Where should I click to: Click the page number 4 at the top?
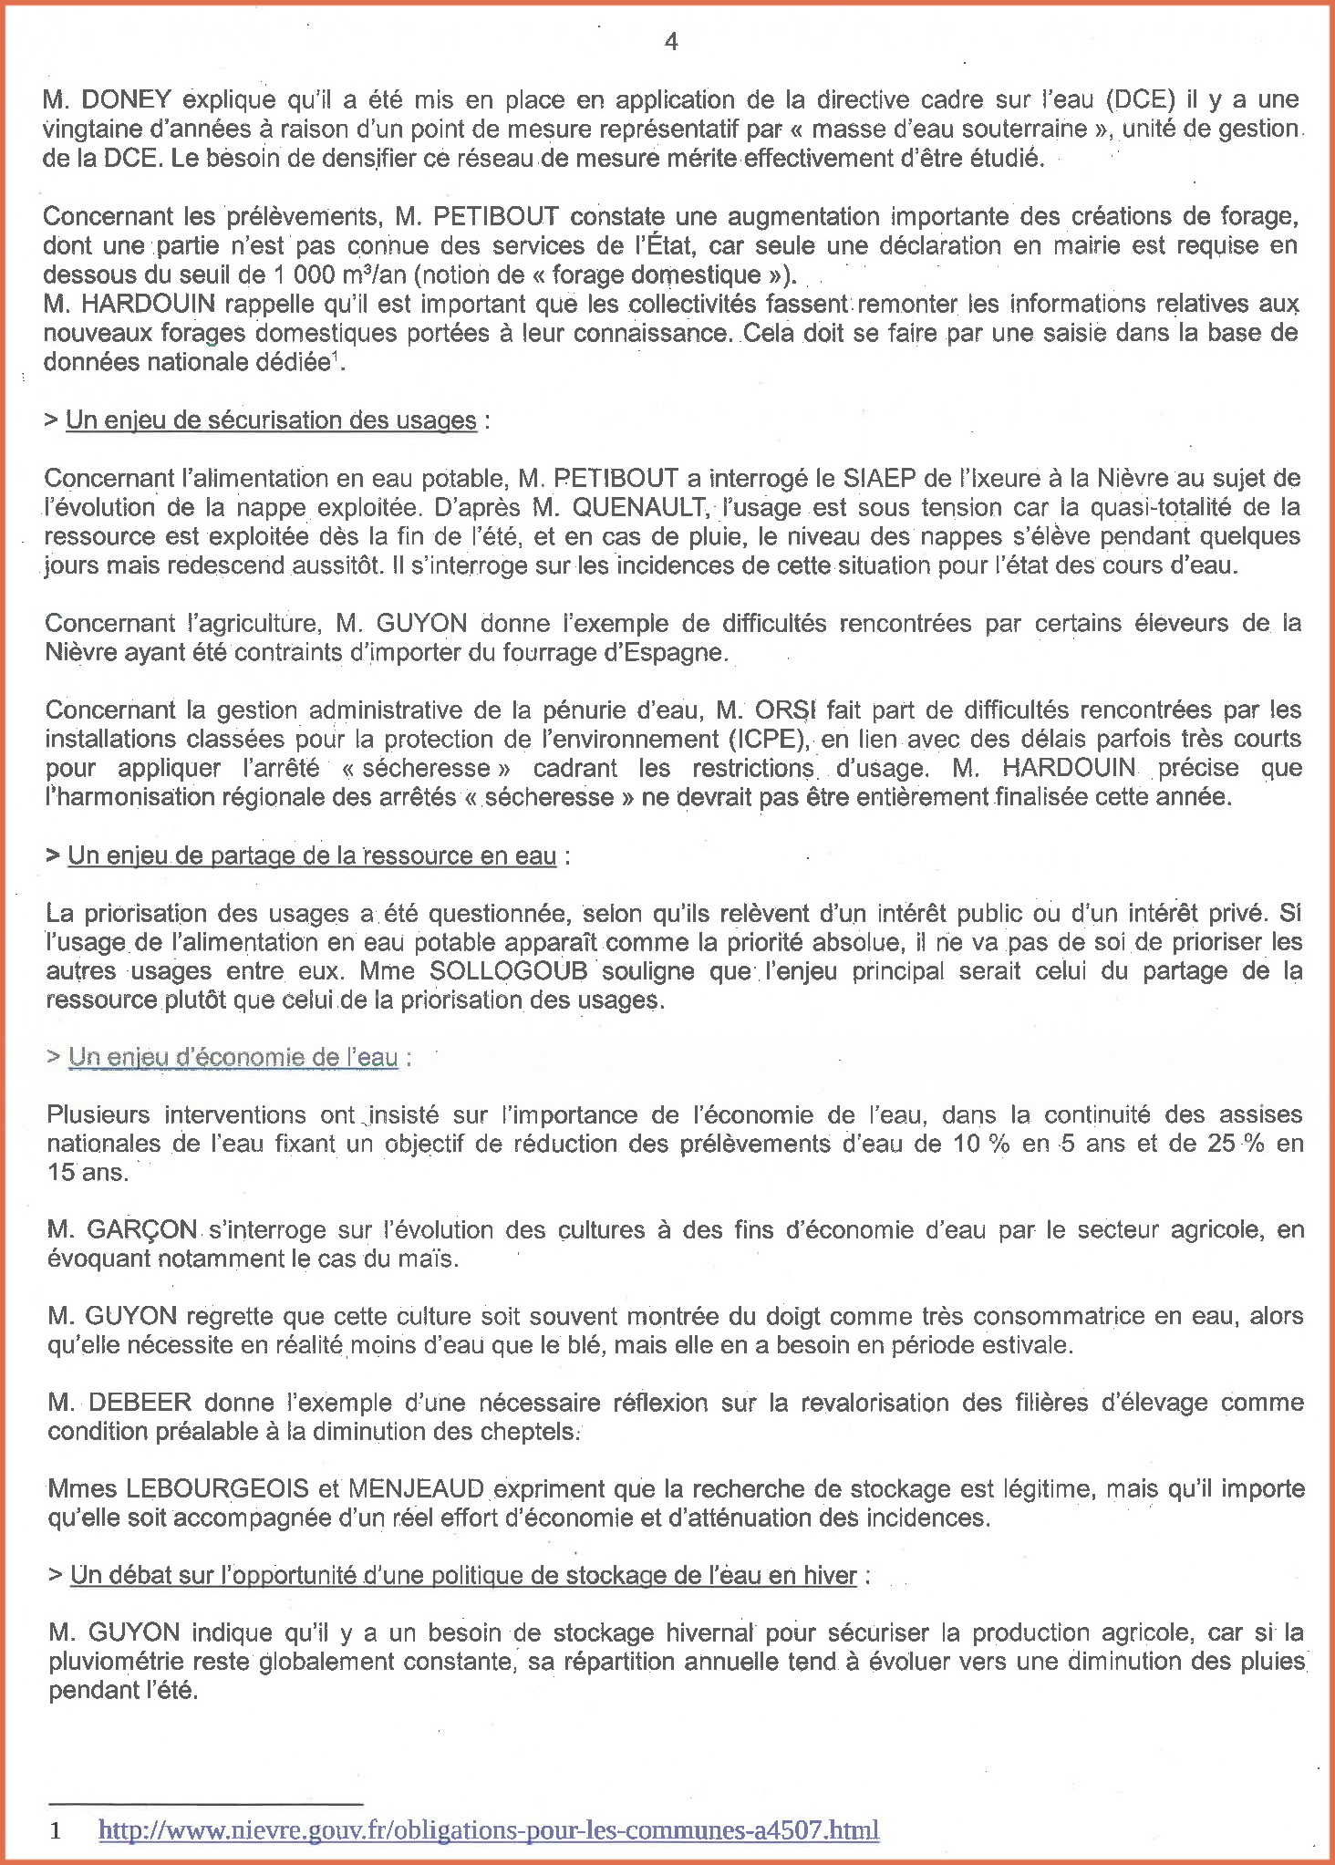tap(671, 42)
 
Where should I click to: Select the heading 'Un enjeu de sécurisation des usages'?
tap(271, 420)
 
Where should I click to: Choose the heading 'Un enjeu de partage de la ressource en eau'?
tap(312, 855)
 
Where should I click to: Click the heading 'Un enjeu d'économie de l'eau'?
tap(233, 1057)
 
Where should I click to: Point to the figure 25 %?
tap(1236, 1144)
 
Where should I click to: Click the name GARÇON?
tap(141, 1230)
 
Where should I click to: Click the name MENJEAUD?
tap(416, 1489)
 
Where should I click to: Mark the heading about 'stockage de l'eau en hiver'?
tap(463, 1576)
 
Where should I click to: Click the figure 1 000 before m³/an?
tap(303, 275)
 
